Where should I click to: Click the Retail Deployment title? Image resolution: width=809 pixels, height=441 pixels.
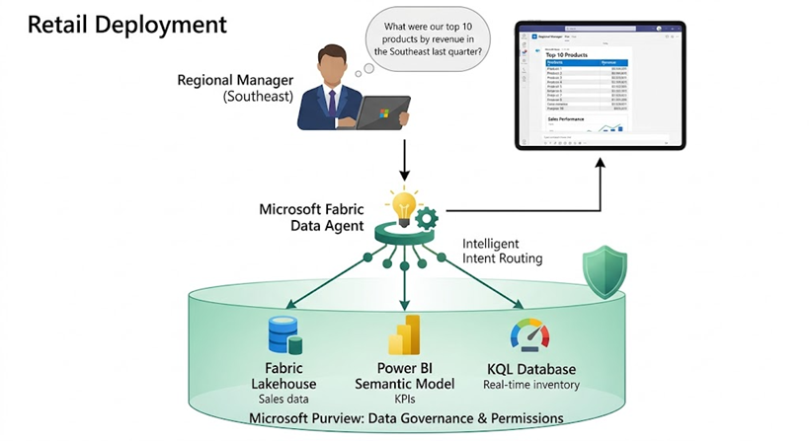pos(127,23)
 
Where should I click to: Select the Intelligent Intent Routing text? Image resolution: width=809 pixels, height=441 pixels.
pos(503,251)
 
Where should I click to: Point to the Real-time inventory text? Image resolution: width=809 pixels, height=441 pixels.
pos(530,384)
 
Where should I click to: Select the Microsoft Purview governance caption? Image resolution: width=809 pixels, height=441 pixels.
pos(405,418)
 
